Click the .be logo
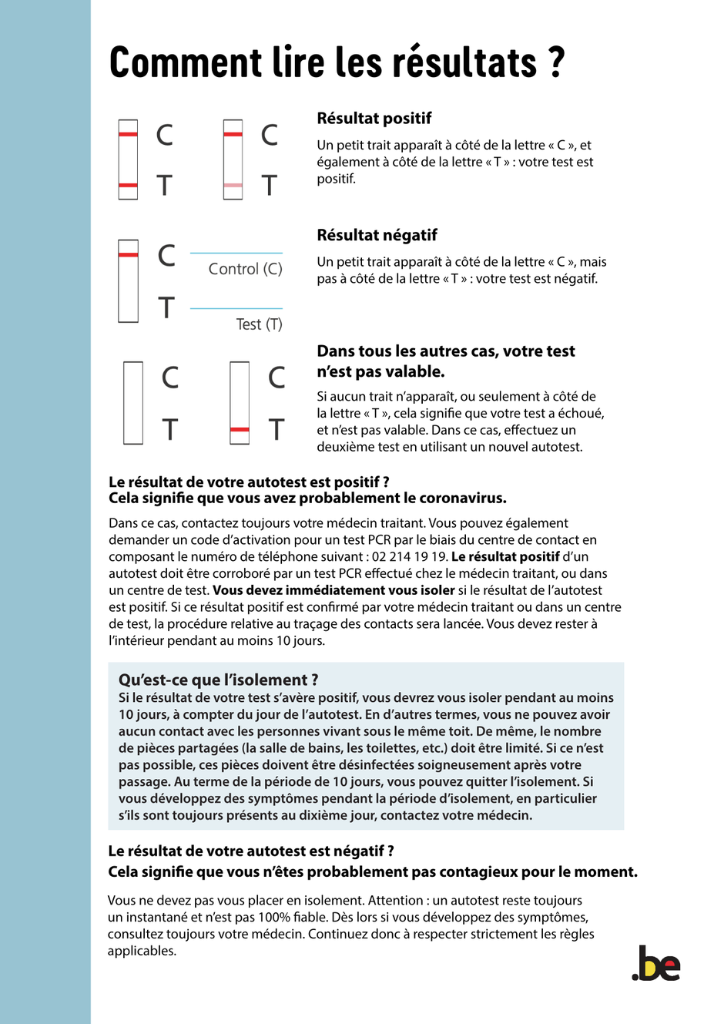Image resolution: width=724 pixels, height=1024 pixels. point(656,963)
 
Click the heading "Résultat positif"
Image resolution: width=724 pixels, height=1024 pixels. point(374,119)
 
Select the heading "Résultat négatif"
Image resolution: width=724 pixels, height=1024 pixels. point(377,235)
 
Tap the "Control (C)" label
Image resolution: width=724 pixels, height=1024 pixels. point(245,269)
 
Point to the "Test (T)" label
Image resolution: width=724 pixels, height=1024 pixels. point(259,324)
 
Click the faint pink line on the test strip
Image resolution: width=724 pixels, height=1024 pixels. point(233,186)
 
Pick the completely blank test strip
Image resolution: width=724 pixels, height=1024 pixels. point(133,403)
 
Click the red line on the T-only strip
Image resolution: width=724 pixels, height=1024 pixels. point(240,429)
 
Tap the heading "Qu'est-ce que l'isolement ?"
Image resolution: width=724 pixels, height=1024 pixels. point(218,680)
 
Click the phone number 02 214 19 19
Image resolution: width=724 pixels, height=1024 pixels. point(408,556)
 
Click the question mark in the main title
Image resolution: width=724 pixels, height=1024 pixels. point(557,62)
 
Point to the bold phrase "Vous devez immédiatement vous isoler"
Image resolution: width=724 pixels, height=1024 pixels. point(334,590)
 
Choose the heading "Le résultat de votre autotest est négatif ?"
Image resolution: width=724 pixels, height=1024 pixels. point(251,851)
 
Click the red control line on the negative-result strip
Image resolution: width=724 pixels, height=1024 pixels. point(128,254)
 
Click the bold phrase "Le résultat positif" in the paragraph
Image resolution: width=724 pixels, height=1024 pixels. point(505,556)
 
